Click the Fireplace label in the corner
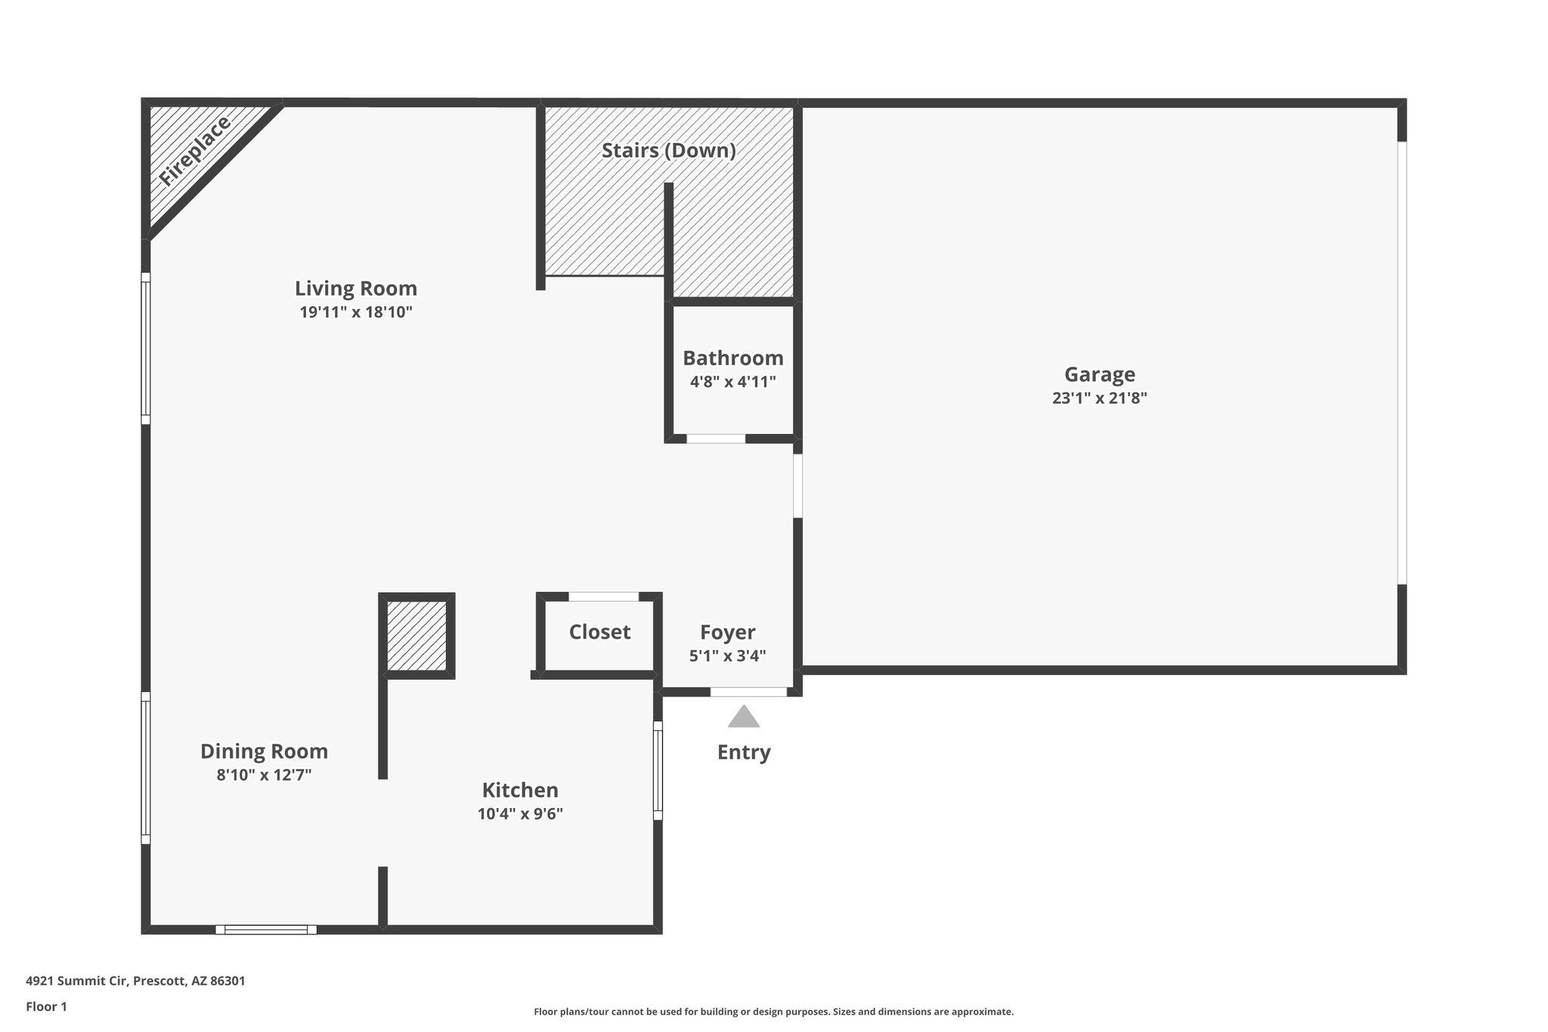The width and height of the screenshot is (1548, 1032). (194, 152)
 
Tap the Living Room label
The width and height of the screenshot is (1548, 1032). (355, 289)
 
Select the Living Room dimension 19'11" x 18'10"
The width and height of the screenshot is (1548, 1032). (355, 312)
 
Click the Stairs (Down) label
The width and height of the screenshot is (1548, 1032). (668, 150)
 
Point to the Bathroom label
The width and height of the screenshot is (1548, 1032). (732, 358)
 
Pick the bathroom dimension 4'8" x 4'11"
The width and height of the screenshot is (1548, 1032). (732, 382)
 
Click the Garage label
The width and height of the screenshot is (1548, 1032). (1099, 375)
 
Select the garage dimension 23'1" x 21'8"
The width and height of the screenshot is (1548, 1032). (1099, 398)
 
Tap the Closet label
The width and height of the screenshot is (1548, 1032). (599, 632)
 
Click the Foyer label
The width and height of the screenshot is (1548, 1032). (727, 633)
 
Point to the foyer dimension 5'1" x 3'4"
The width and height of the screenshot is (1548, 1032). (727, 656)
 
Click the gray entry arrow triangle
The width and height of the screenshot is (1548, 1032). (743, 717)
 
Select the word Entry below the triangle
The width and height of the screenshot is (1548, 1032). (743, 752)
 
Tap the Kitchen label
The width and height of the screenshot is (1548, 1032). (520, 791)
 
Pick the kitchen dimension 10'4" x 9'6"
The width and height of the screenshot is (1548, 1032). (520, 814)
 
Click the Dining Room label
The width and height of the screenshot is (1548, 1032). (264, 752)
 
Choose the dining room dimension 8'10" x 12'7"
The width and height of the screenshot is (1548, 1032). (264, 775)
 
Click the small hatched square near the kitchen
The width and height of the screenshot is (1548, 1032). (416, 635)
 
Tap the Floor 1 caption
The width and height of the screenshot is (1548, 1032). (46, 1007)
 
